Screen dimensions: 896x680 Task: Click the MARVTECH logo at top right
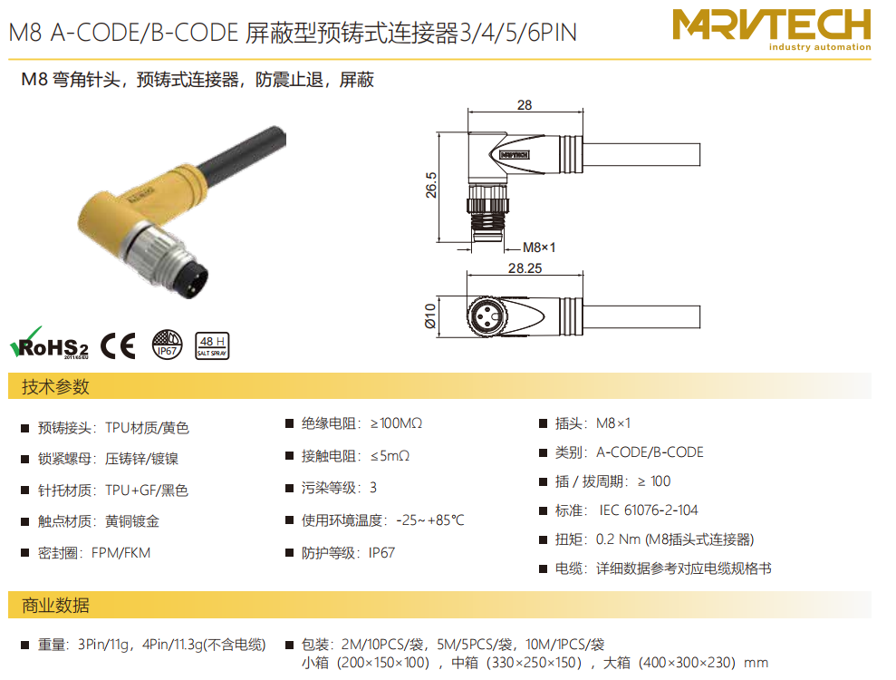click(x=771, y=30)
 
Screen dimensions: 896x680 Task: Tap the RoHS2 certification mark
click(x=50, y=343)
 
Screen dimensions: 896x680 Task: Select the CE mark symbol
click(x=119, y=345)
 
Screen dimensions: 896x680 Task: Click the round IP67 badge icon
click(x=167, y=345)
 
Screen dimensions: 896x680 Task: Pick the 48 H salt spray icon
click(x=212, y=346)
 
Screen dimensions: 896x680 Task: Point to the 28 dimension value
click(x=525, y=104)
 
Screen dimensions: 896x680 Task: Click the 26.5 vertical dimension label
click(x=431, y=185)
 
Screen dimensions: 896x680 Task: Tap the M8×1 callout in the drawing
click(x=539, y=248)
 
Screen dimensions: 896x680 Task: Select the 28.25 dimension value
click(x=525, y=267)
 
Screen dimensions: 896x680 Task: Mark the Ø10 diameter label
click(x=430, y=316)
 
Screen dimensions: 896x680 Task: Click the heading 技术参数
click(x=55, y=386)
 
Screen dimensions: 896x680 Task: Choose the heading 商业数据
click(x=55, y=605)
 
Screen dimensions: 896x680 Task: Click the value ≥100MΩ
click(x=396, y=423)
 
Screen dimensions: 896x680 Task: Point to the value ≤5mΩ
click(x=390, y=456)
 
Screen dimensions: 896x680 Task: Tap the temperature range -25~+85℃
click(x=430, y=520)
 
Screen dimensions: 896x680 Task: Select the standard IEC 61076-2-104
click(x=649, y=510)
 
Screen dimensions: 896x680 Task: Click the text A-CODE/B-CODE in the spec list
click(x=650, y=452)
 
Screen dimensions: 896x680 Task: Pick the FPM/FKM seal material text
click(x=120, y=553)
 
